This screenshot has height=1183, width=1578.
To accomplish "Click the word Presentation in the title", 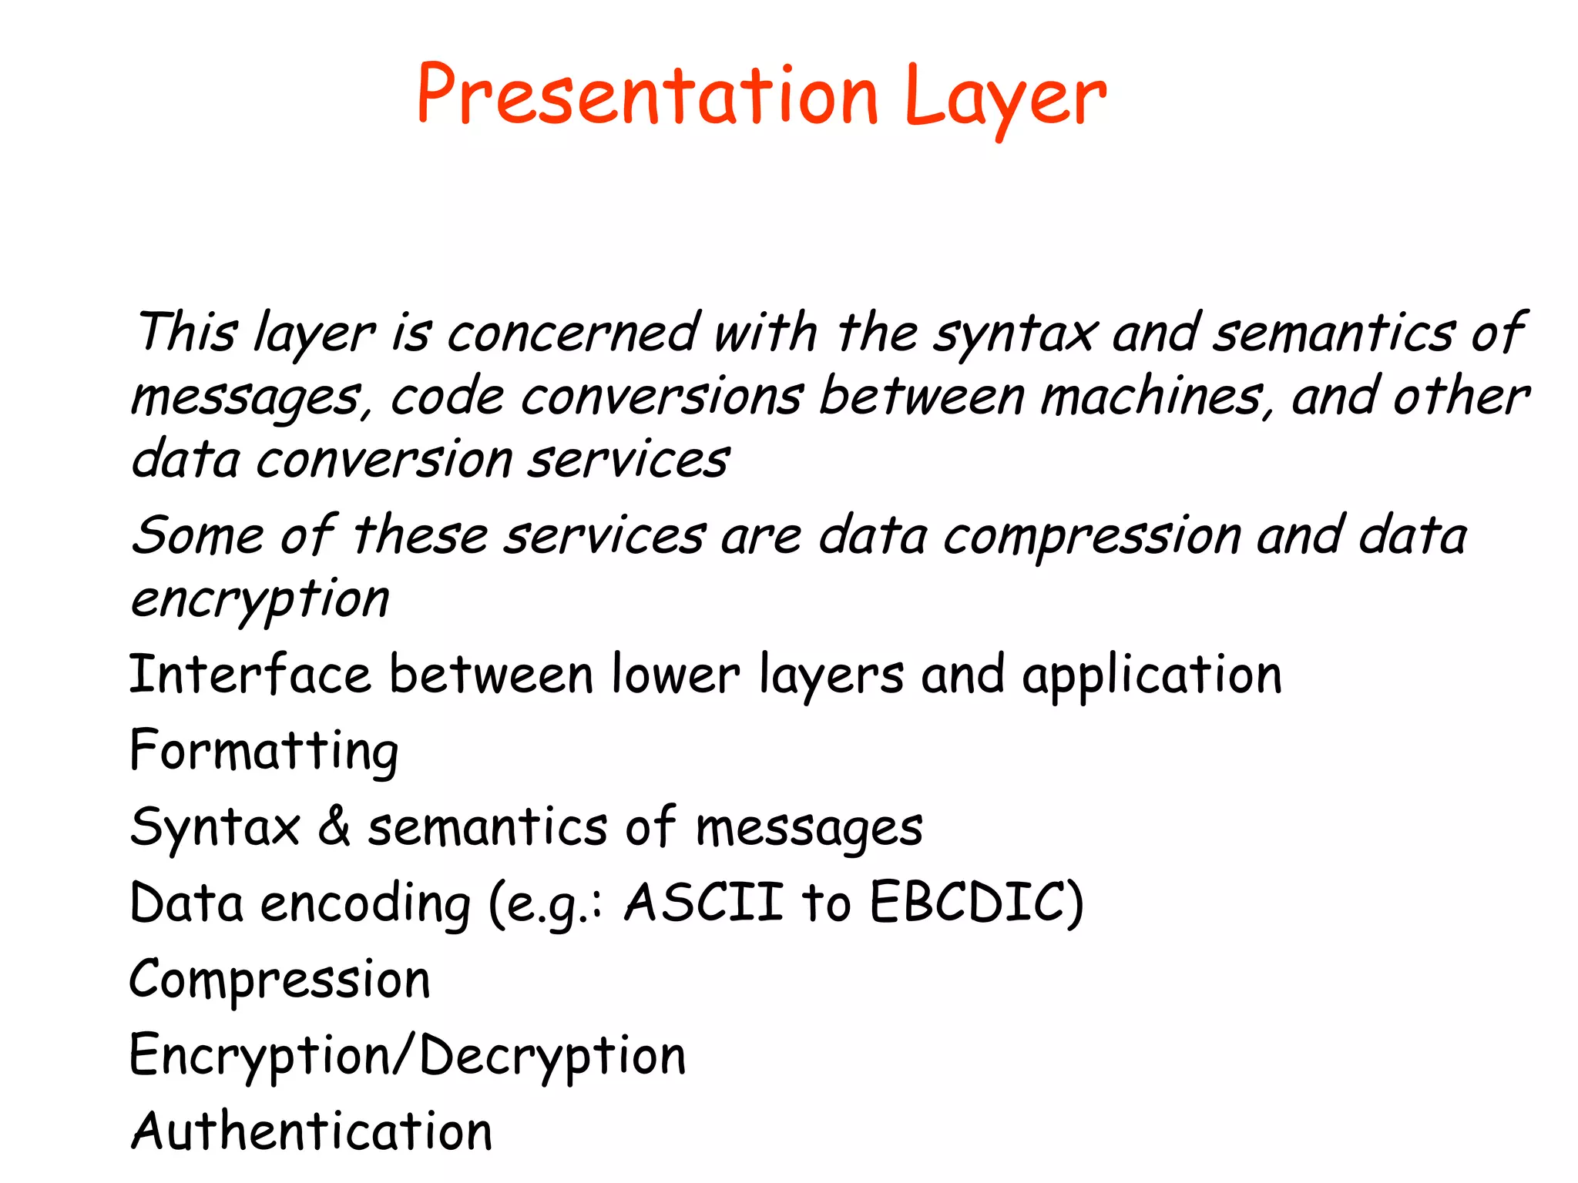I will pyautogui.click(x=647, y=96).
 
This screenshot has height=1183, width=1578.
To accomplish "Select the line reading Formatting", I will pyautogui.click(x=264, y=751).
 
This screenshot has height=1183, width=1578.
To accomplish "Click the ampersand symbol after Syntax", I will pyautogui.click(x=334, y=826).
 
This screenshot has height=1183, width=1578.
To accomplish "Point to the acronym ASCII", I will pyautogui.click(x=703, y=902).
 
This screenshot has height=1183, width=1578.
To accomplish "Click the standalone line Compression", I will pyautogui.click(x=280, y=980).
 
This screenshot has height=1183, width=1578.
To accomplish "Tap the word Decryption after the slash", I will pyautogui.click(x=552, y=1056).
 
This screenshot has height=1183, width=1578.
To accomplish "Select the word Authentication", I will pyautogui.click(x=312, y=1131).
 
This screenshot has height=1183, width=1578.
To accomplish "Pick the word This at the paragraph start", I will pyautogui.click(x=186, y=333).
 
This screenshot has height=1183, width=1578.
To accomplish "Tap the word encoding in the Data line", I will pyautogui.click(x=365, y=903).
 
